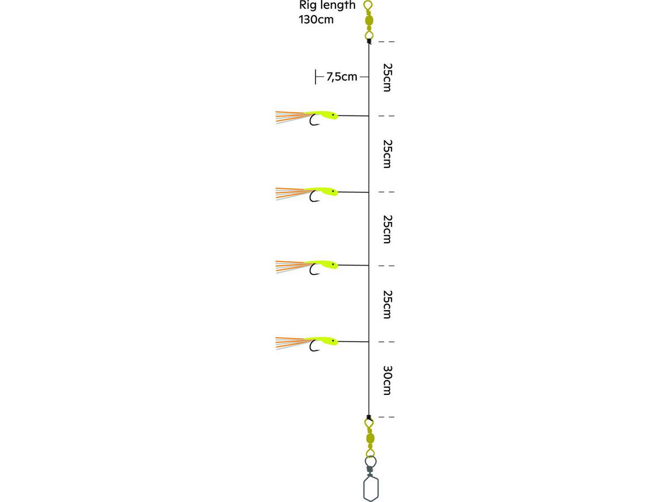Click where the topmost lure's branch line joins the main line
click(368, 116)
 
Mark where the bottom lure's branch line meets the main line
click(368, 342)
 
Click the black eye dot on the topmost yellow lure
click(333, 114)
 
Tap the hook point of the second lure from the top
click(318, 201)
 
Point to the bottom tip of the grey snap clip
click(371, 501)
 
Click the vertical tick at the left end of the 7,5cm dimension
click(315, 77)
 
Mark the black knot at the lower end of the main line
click(368, 417)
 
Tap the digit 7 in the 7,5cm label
click(329, 76)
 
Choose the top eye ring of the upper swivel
click(368, 5)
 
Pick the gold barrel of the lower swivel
click(370, 439)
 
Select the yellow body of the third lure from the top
click(321, 264)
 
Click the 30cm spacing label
click(387, 380)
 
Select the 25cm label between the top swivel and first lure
click(387, 78)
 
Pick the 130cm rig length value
click(316, 20)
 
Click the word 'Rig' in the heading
click(308, 6)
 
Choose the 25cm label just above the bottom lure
click(387, 304)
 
